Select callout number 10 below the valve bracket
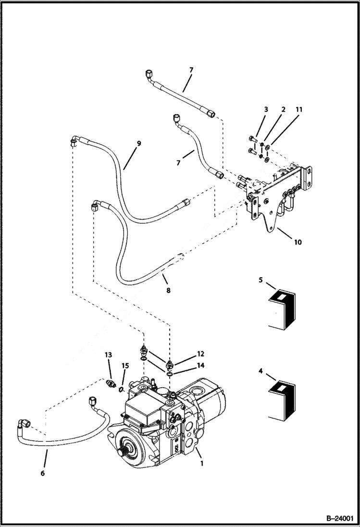pyautogui.click(x=298, y=242)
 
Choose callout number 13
pyautogui.click(x=108, y=355)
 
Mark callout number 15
pyautogui.click(x=125, y=366)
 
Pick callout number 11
pyautogui.click(x=298, y=110)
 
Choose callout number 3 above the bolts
pyautogui.click(x=265, y=110)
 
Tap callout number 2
pyautogui.click(x=283, y=110)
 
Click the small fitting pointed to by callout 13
pyautogui.click(x=111, y=384)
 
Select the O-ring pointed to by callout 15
pyautogui.click(x=122, y=388)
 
